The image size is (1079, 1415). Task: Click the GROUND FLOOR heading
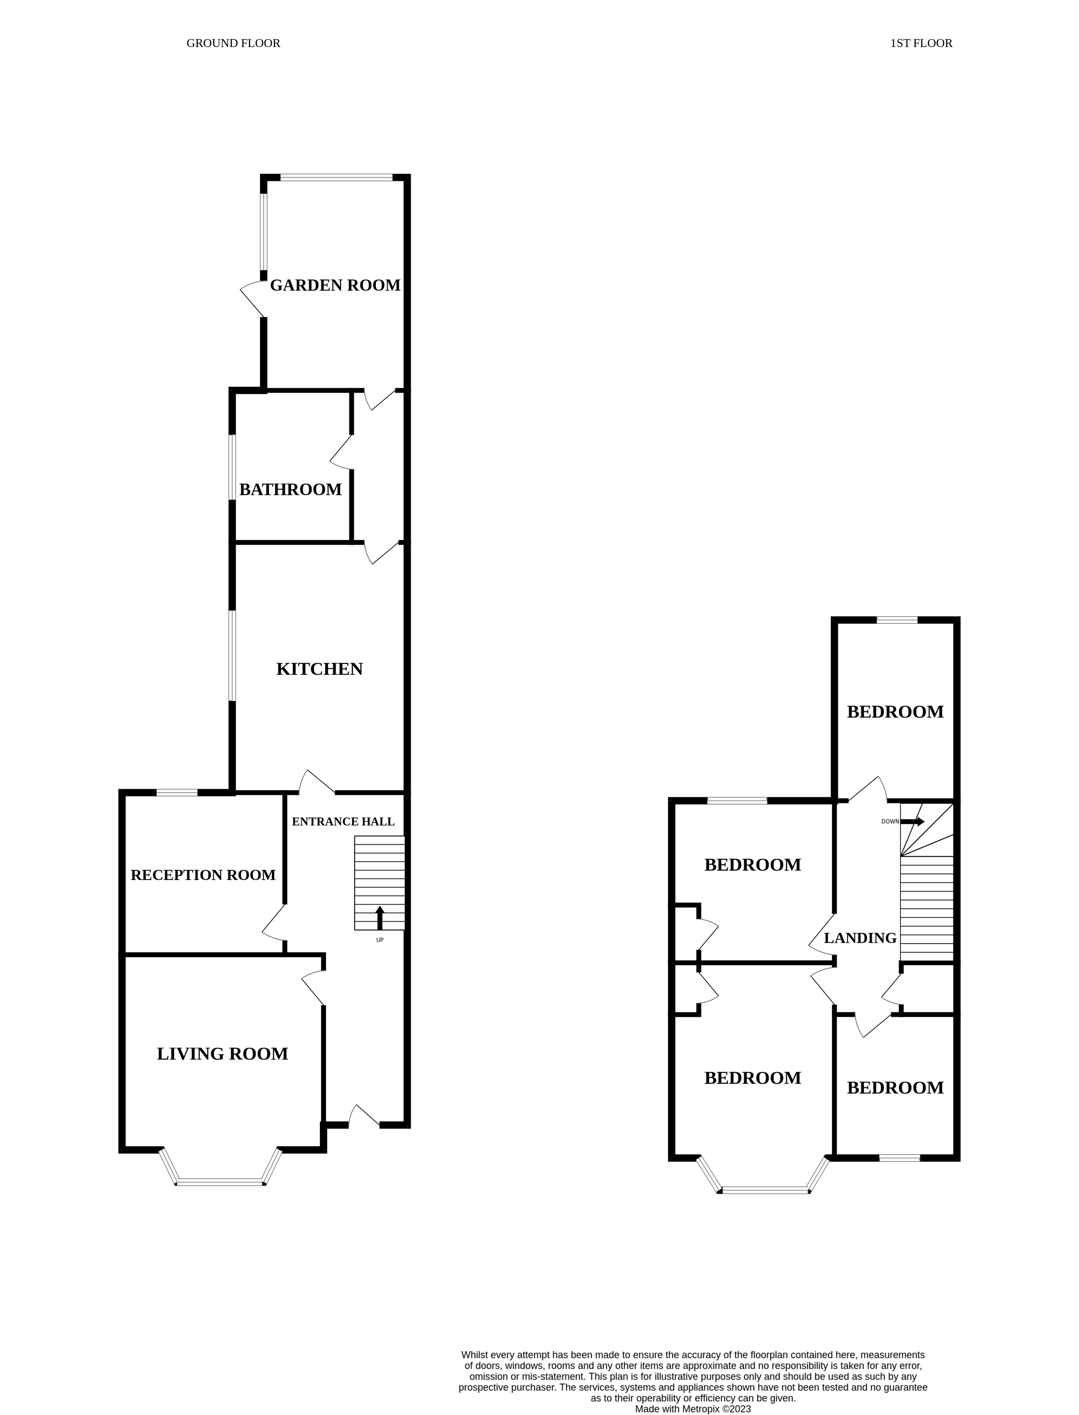pos(233,44)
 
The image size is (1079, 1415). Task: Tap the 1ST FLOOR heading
pos(921,44)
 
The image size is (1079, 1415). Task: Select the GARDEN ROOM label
pos(334,285)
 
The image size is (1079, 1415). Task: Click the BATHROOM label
pos(290,490)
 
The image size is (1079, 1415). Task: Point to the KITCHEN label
pos(319,669)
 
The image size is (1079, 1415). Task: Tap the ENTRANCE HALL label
pos(343,822)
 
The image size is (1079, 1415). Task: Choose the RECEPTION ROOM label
pos(203,875)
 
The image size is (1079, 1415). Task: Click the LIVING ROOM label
pos(222,1054)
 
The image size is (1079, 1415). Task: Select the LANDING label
pos(860,938)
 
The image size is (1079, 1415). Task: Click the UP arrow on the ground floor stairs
pos(380,917)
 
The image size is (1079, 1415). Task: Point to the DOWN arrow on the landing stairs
pos(912,821)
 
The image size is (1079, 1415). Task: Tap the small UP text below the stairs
pos(380,940)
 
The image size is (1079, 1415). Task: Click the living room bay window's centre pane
pos(220,1182)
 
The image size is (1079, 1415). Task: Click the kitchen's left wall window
pos(233,656)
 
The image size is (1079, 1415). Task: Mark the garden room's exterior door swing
pos(252,299)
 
